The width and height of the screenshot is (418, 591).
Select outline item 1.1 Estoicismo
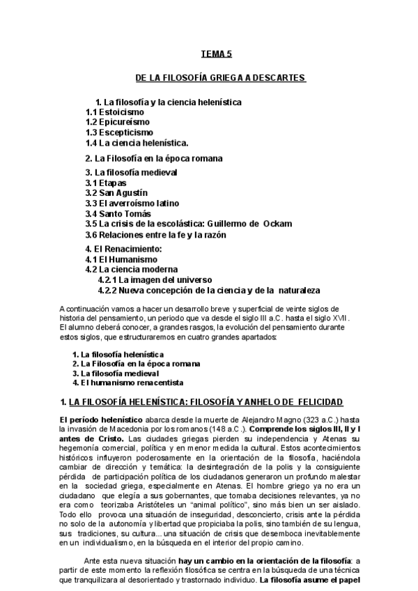(x=115, y=112)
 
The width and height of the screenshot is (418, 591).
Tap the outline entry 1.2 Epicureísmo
(x=117, y=122)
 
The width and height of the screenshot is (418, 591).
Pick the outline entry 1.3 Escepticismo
(x=120, y=132)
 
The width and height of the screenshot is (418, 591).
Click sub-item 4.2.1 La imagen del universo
(x=155, y=279)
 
